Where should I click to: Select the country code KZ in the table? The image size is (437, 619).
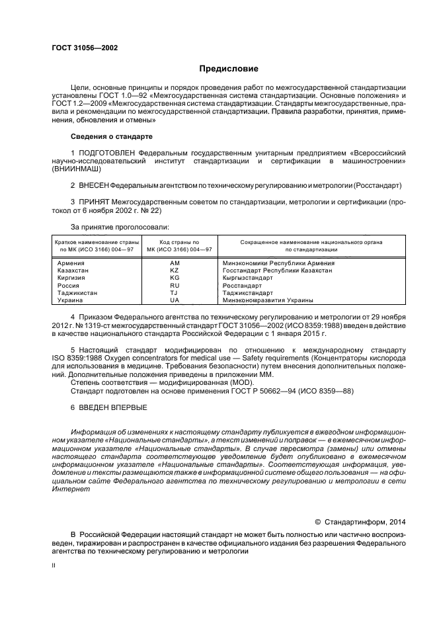click(x=175, y=270)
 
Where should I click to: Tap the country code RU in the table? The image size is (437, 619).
click(x=175, y=285)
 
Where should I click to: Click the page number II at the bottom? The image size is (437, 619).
click(x=54, y=566)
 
